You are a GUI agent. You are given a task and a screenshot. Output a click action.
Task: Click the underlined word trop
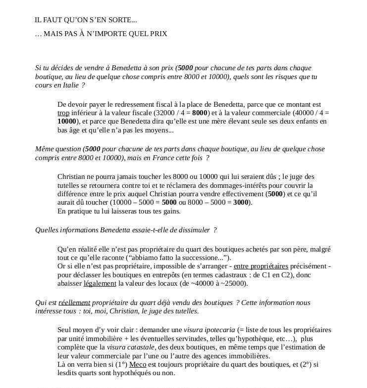coord(63,113)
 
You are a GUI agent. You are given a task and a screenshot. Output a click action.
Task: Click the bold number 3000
coord(241,202)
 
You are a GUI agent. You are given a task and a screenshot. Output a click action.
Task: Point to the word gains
coord(169,211)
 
